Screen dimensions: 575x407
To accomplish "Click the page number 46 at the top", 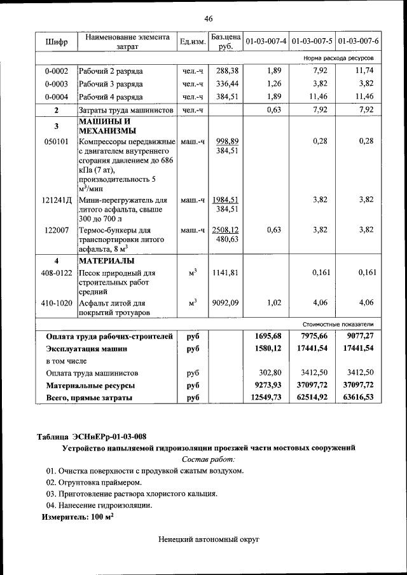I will click(208, 18).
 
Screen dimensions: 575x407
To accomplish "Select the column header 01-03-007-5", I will click(312, 41).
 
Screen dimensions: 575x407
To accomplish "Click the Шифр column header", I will click(56, 42).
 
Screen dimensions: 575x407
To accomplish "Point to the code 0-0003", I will click(57, 84).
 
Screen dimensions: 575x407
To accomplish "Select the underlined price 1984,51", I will click(226, 200).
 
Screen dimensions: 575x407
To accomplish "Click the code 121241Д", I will click(57, 200).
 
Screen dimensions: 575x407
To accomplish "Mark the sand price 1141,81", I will click(226, 273).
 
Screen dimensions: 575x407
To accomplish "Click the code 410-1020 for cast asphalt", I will click(57, 303).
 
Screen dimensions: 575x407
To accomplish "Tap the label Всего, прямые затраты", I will click(89, 398).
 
